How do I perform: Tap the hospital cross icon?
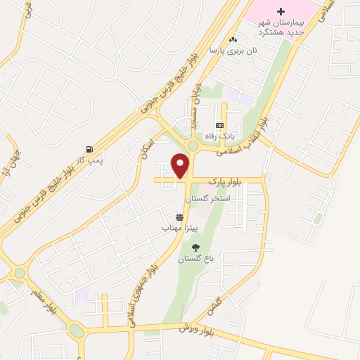[x=281, y=12]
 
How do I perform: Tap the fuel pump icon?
[x=89, y=150]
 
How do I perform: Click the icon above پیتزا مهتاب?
[x=179, y=217]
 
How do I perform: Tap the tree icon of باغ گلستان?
[x=195, y=247]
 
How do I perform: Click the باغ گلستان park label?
[x=194, y=259]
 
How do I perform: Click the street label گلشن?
[x=214, y=304]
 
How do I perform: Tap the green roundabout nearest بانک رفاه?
[x=193, y=146]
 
